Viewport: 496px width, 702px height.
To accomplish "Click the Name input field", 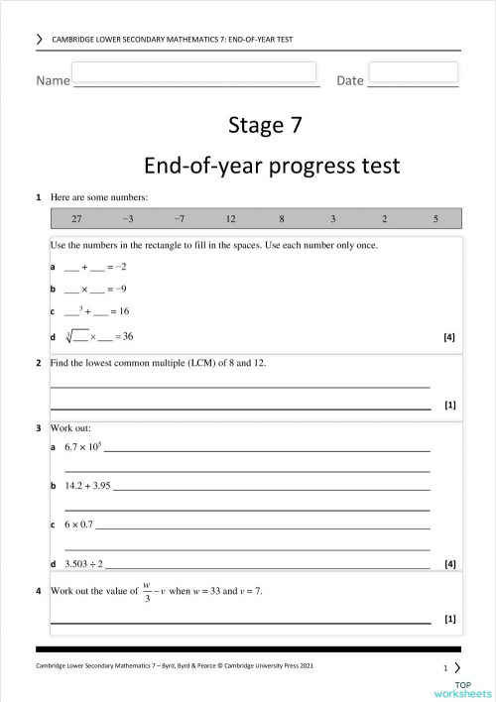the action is click(x=193, y=72).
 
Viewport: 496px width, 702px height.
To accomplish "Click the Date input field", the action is click(x=413, y=72).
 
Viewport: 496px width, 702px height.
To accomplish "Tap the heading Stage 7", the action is click(x=265, y=125).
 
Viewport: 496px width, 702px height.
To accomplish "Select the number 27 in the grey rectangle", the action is click(x=76, y=218).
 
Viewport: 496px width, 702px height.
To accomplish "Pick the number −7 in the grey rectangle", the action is click(x=179, y=218).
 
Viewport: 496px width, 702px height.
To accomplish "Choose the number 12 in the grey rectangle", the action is click(x=230, y=218).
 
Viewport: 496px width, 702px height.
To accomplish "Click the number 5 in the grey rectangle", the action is click(x=435, y=218).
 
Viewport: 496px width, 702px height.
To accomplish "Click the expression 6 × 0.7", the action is click(x=78, y=525).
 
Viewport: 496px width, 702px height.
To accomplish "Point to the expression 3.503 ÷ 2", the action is click(x=84, y=563).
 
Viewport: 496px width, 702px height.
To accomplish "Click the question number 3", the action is click(x=38, y=428).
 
